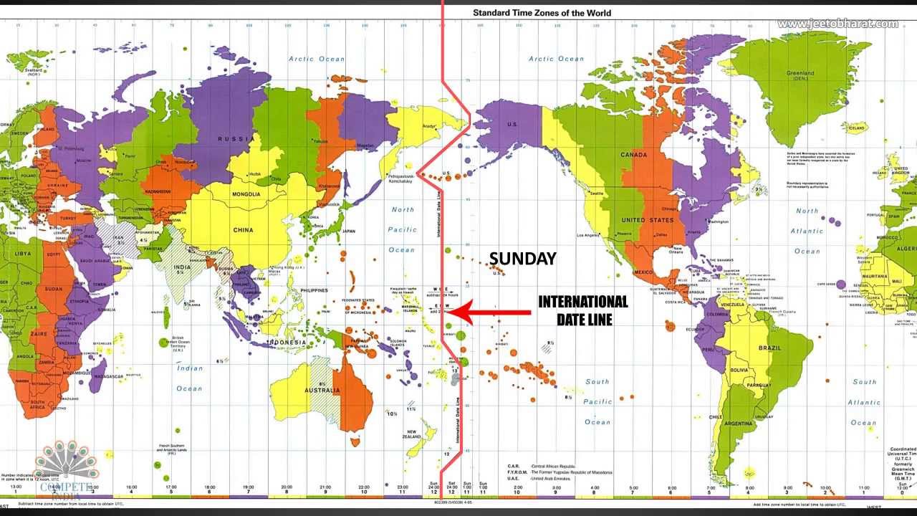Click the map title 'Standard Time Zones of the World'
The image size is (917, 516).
click(x=542, y=12)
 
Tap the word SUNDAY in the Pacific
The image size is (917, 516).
click(x=522, y=259)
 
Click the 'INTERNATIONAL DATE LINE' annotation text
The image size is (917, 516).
click(x=583, y=310)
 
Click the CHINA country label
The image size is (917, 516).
click(x=244, y=230)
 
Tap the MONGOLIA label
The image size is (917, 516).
click(x=246, y=194)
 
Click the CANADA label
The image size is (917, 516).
click(x=633, y=155)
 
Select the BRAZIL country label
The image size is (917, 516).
click(x=769, y=348)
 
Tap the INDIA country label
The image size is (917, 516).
click(x=182, y=268)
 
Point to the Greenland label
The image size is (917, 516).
click(x=800, y=73)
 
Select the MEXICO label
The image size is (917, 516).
click(x=643, y=272)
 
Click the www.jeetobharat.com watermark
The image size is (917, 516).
click(x=837, y=24)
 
